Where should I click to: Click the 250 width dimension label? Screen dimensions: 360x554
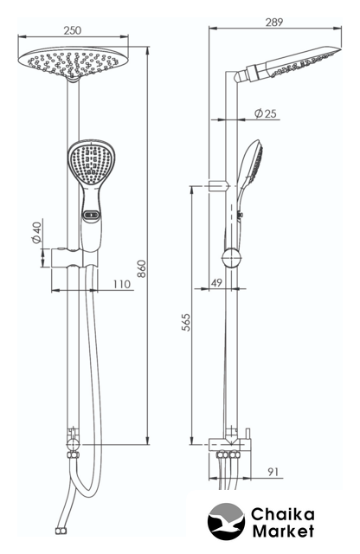pos(73,30)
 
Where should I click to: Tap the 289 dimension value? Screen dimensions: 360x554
pos(274,22)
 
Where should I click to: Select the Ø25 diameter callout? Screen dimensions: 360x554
pos(265,113)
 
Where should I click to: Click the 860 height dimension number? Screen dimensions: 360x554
pos(141,268)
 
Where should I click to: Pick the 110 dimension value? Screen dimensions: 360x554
pos(122,284)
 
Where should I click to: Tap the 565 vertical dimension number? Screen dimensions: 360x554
pos(186,322)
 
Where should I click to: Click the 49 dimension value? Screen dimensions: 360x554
pos(216,283)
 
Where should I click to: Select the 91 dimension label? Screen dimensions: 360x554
pos(273,471)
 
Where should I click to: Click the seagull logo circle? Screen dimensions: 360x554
pos(226,520)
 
